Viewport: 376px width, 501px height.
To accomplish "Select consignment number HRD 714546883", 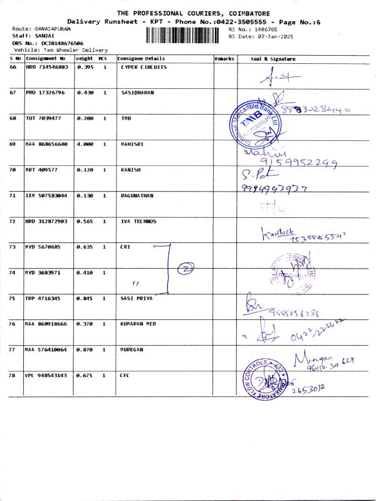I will pos(46,67).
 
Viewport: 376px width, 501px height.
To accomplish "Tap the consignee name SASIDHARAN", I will pos(137,93).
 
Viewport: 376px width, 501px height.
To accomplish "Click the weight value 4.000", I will pos(85,144).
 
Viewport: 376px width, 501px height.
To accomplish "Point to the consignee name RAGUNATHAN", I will pos(137,195).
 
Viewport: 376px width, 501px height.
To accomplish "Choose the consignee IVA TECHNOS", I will pos(138,221).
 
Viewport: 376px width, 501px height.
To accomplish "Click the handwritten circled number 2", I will pos(185,269).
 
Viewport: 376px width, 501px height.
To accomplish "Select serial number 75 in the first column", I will pos(13,298).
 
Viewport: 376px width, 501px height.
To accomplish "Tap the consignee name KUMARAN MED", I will pos(138,324).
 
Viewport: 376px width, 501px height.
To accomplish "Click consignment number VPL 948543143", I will pos(46,375).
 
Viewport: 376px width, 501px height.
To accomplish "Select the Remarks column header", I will pos(224,58).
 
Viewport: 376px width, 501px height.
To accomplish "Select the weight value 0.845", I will pos(85,298).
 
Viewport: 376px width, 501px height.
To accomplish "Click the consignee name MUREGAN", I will pos(132,349).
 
